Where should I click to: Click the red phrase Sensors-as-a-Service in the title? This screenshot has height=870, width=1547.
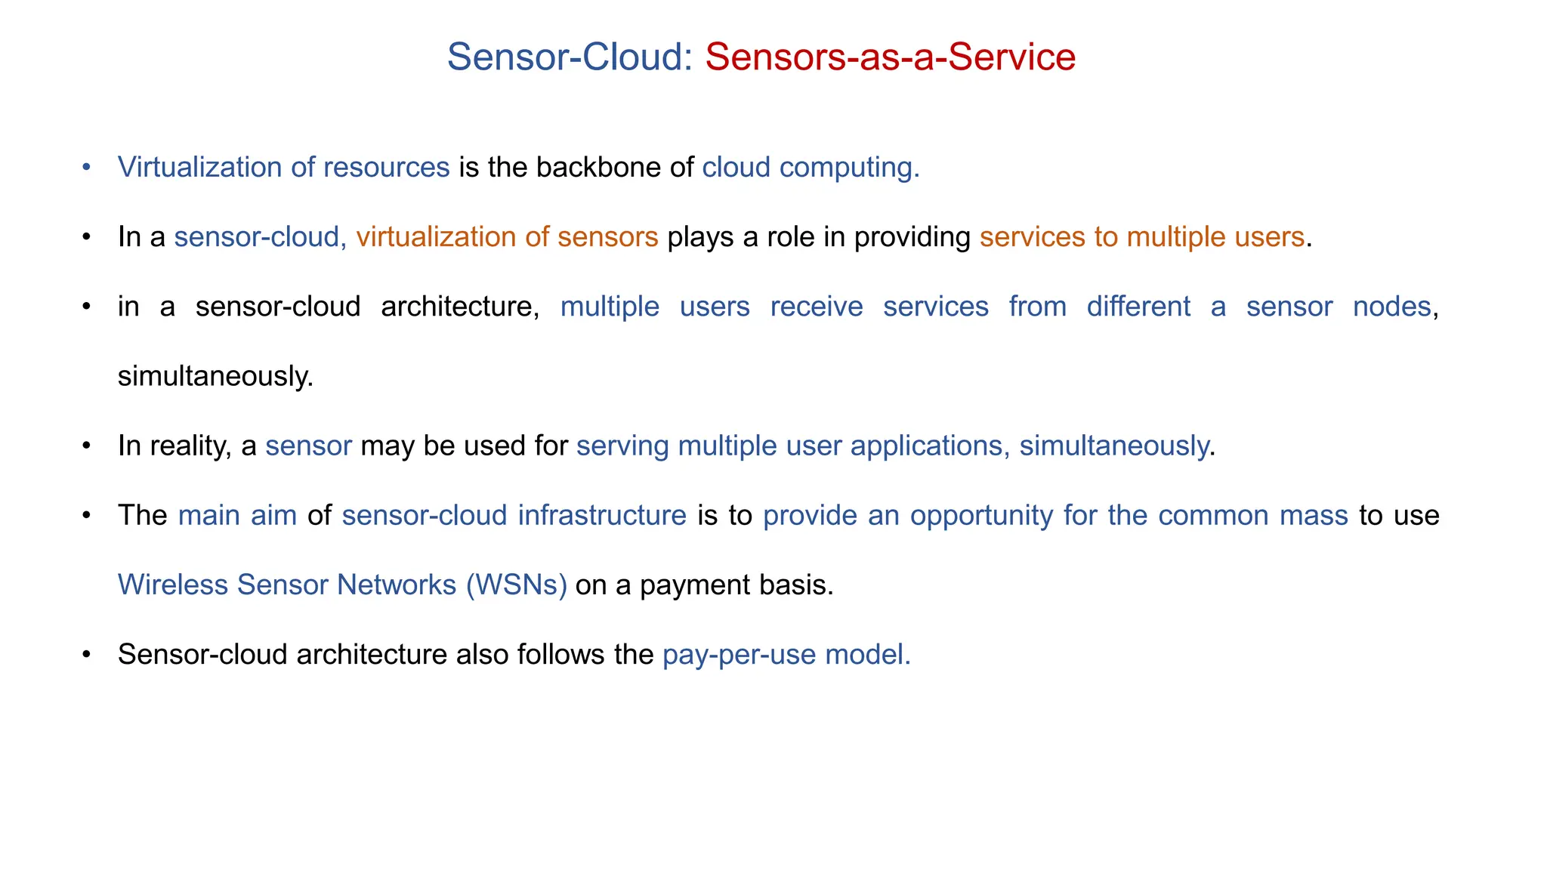890,57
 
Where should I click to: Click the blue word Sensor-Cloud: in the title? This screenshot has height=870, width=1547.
570,57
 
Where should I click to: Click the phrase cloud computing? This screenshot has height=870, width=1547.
811,168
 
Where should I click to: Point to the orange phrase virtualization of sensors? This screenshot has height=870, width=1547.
507,237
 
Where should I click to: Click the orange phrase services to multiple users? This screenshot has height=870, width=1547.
1142,237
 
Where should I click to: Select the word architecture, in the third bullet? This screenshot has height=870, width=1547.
460,307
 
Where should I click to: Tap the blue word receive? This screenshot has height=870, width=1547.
816,307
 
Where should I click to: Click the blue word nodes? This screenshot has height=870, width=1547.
1391,307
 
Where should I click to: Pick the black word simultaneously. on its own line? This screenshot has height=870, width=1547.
215,376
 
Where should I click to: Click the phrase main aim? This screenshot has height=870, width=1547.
237,516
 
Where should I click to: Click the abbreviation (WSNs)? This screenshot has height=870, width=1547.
516,585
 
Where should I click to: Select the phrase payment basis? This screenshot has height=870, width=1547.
736,585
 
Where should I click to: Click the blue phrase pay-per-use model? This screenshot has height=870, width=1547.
786,655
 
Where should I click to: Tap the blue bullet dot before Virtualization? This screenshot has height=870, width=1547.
86,167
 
